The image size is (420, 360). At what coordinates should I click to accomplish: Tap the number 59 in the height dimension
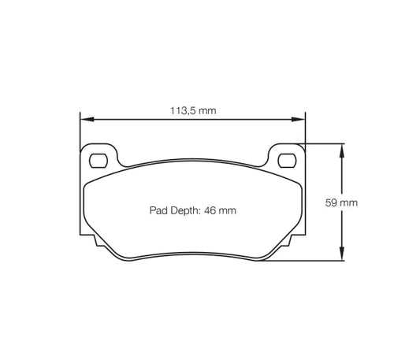coord(332,202)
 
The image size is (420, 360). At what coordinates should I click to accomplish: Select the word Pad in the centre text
coord(158,210)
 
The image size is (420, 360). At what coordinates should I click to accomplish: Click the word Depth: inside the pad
coord(186,210)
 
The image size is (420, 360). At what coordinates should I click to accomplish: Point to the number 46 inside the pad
coord(211,210)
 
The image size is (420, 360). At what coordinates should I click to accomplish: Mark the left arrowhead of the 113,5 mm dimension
coord(85,120)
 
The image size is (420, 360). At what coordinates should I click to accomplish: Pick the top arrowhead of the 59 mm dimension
coord(341,148)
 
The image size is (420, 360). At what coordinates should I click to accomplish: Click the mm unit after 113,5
coord(207,111)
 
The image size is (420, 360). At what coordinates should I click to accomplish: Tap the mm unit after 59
coord(349,202)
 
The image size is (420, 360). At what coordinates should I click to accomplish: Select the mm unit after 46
coord(229,210)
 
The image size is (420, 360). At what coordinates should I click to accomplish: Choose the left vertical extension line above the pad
coord(80,130)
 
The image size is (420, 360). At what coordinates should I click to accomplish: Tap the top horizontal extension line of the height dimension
coord(323,143)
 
